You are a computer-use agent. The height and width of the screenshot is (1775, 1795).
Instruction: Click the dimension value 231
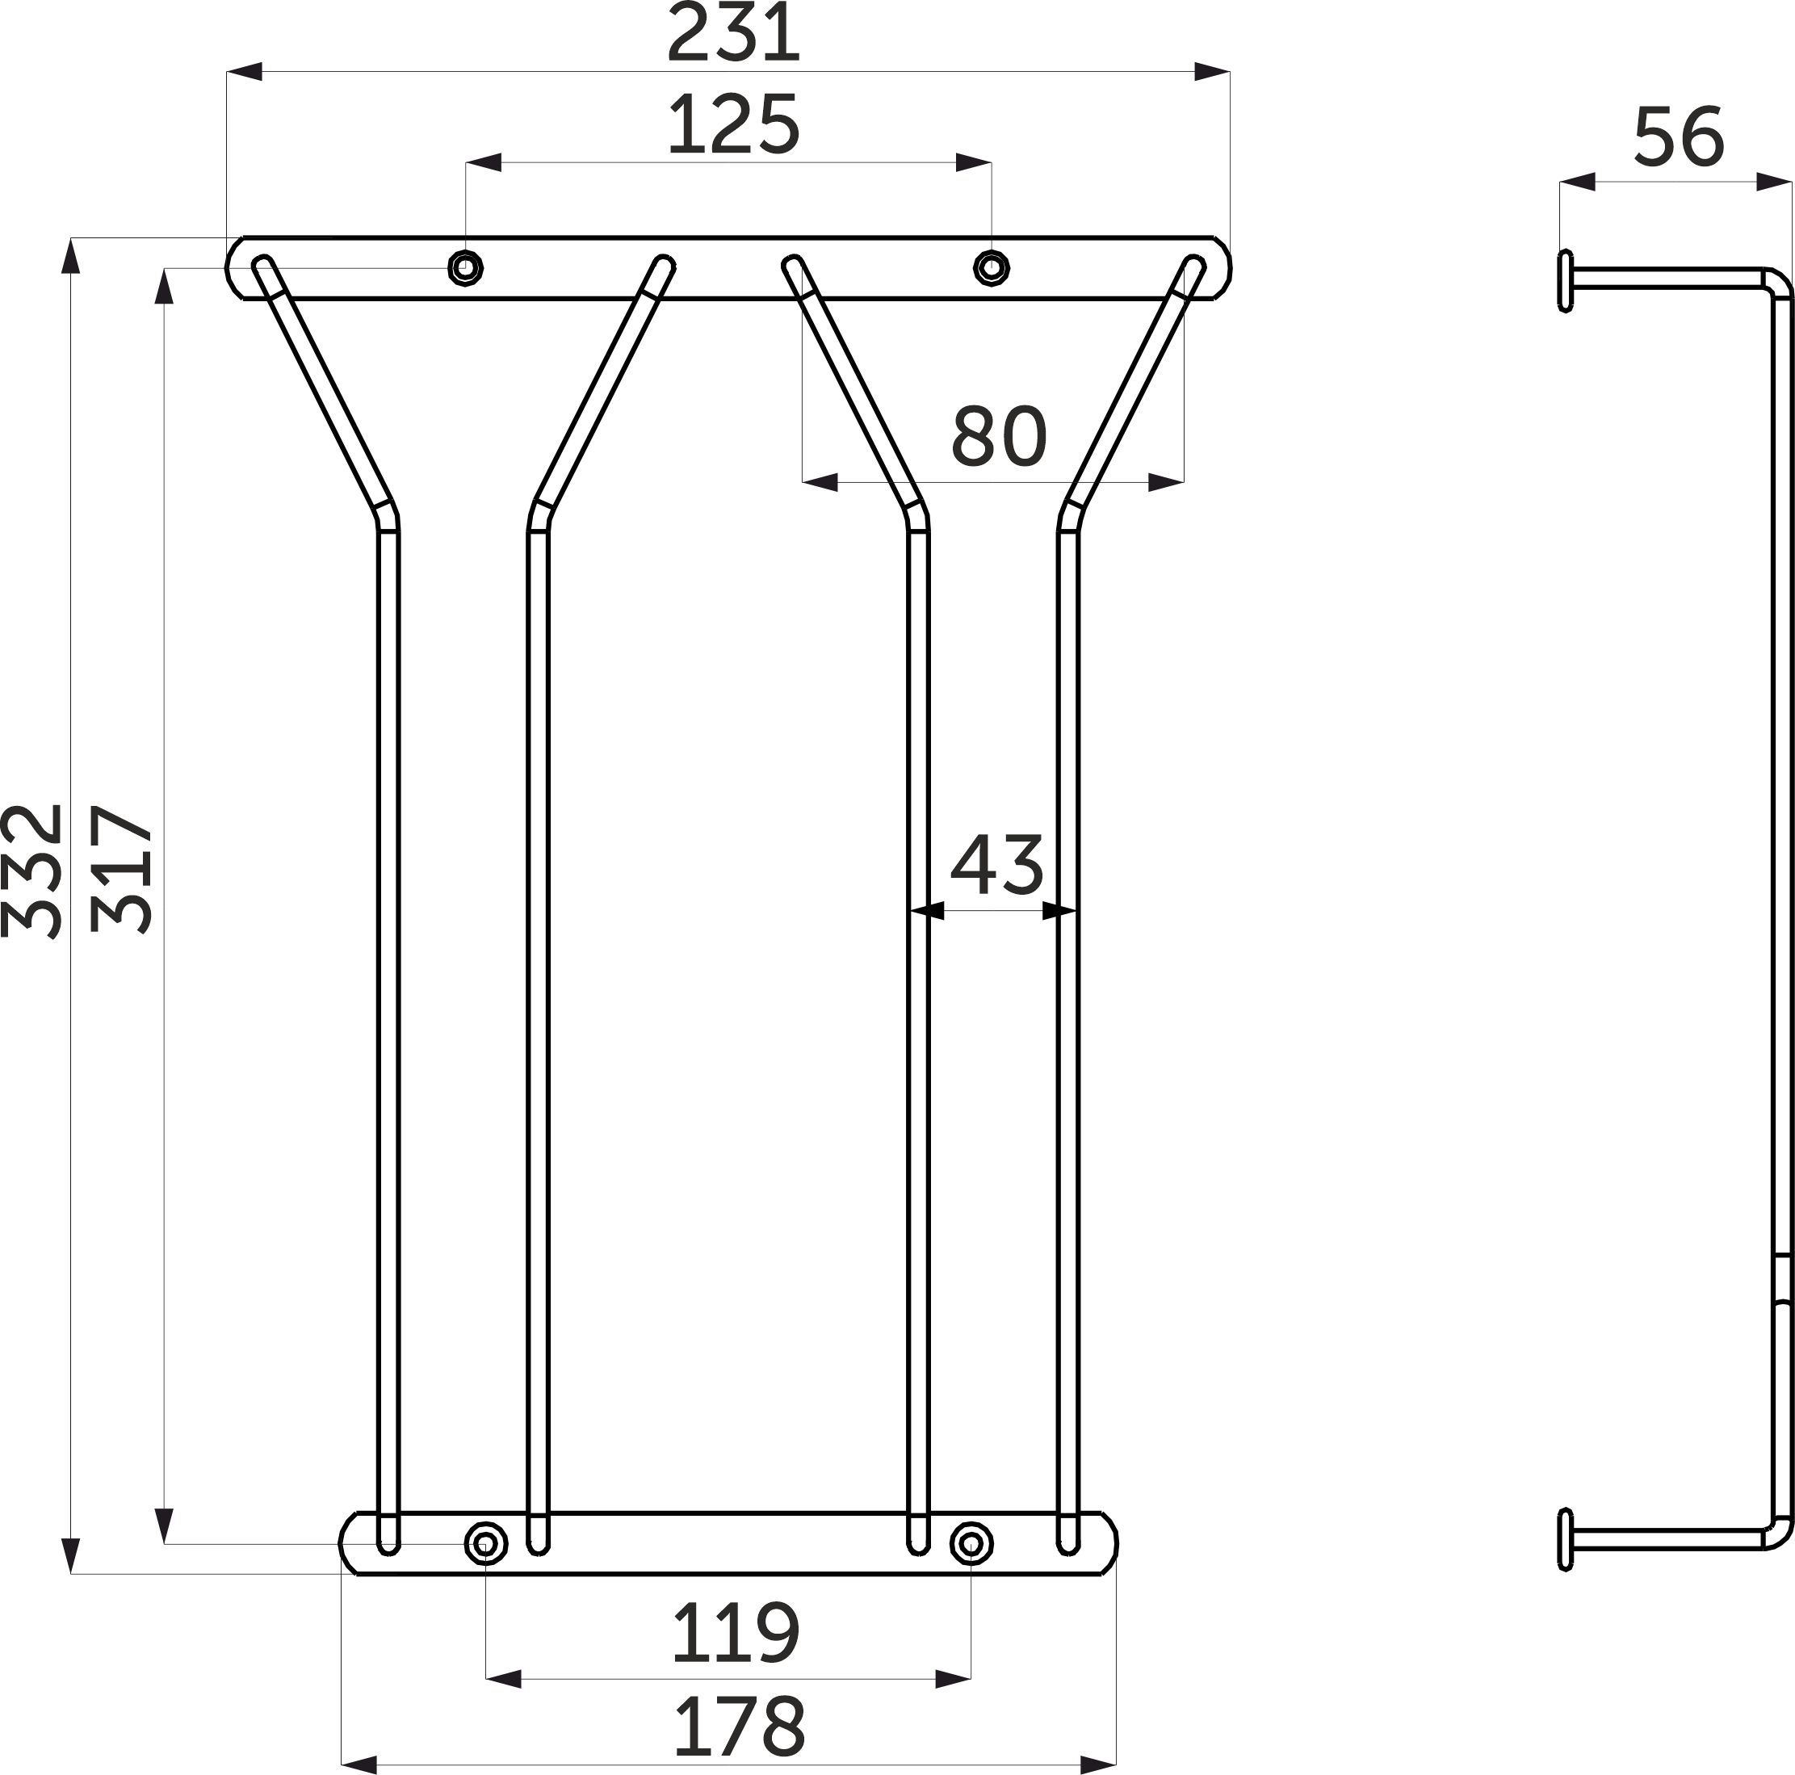734,32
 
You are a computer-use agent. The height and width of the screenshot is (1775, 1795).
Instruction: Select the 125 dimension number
734,124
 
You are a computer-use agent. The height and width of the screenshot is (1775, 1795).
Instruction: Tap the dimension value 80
999,435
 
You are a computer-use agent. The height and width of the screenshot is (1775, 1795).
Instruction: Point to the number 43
997,864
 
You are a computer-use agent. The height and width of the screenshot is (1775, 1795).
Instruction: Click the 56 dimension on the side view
1678,136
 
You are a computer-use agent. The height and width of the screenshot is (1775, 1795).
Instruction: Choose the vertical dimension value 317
122,870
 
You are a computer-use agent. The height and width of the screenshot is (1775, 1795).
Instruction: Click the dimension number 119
734,1633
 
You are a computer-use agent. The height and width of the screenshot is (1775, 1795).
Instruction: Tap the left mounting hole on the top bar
465,267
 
